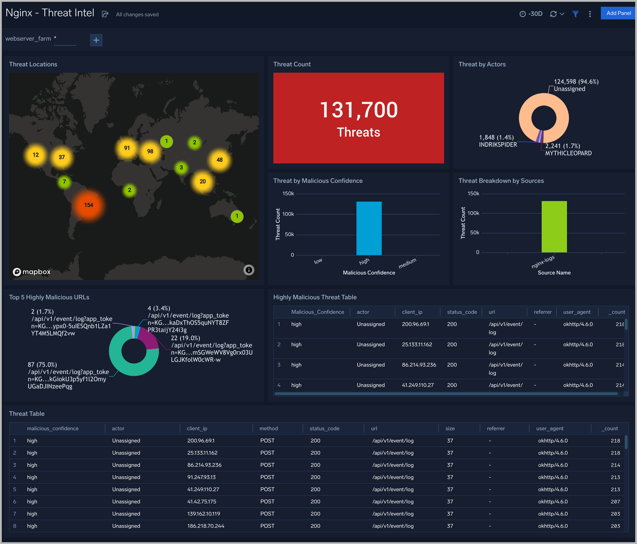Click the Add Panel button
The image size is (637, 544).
[x=618, y=13]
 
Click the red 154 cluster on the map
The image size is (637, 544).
[x=89, y=205]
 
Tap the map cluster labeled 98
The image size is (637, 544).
[x=150, y=151]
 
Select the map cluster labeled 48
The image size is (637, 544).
[x=220, y=160]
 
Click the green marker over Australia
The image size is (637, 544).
[x=237, y=216]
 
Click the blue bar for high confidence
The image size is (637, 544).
[x=369, y=228]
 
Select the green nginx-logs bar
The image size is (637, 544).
[x=554, y=227]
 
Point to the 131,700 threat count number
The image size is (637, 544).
[x=358, y=110]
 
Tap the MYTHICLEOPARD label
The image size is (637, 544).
[x=568, y=153]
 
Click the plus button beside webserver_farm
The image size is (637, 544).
[x=96, y=40]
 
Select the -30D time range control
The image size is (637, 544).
[x=531, y=14]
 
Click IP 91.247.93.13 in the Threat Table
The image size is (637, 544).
[x=201, y=477]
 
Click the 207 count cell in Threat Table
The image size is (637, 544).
[x=615, y=502]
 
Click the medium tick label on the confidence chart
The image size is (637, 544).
[x=407, y=263]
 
